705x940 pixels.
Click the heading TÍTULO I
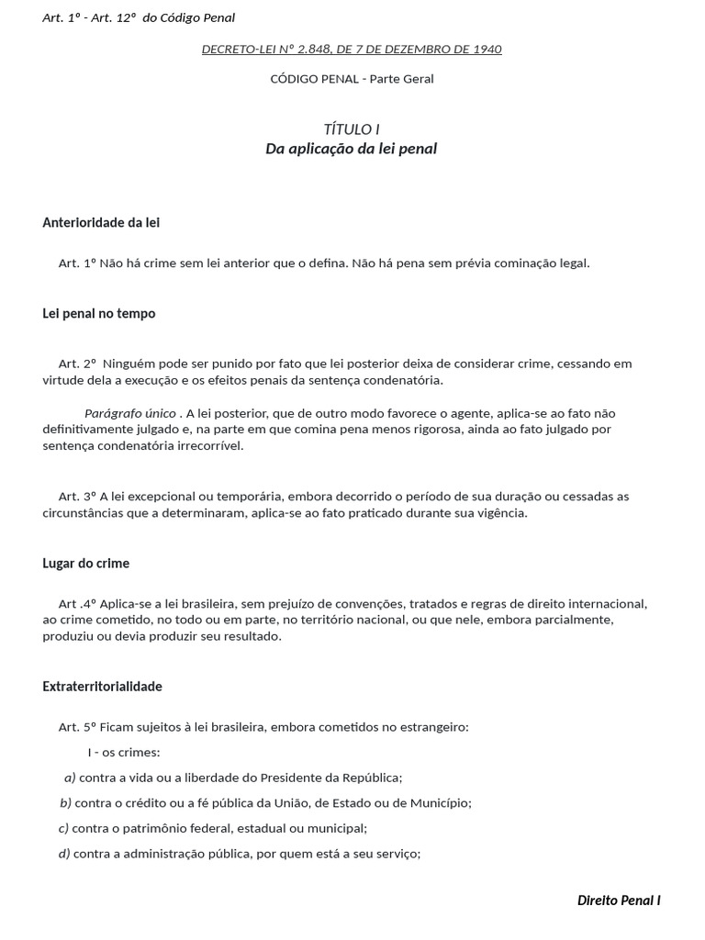click(x=352, y=129)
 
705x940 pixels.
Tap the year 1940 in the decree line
click(x=487, y=50)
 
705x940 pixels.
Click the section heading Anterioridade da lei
click(x=101, y=223)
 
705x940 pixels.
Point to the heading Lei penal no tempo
click(x=99, y=314)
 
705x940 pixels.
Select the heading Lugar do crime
click(x=86, y=564)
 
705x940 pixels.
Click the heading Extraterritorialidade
click(x=102, y=687)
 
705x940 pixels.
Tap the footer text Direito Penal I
click(x=619, y=901)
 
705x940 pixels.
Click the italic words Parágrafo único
click(x=130, y=413)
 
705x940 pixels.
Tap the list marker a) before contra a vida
click(x=70, y=778)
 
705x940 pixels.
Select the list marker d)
click(x=64, y=854)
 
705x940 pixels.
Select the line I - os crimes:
click(x=124, y=753)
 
